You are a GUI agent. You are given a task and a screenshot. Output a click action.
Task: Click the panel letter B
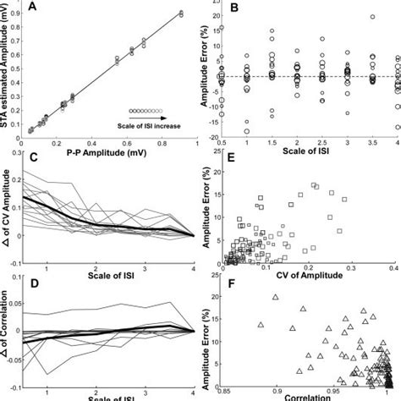233,9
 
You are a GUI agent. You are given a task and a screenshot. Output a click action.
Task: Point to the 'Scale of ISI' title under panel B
306,152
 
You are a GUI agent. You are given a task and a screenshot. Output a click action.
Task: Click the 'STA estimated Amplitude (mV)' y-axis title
8,68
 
